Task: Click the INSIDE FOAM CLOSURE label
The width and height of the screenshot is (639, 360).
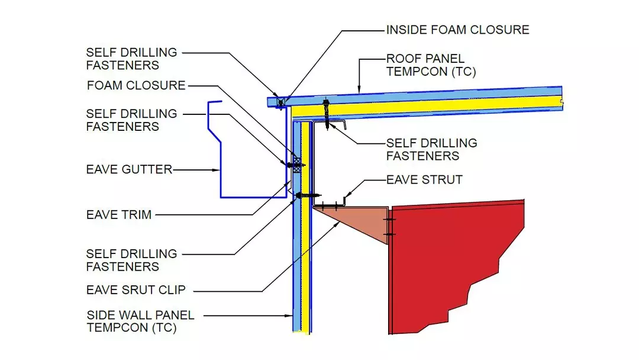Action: [457, 30]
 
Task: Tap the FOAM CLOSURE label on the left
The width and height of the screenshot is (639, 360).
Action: [136, 85]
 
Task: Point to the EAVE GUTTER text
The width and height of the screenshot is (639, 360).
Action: [129, 170]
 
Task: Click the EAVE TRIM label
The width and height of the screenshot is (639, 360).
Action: [119, 214]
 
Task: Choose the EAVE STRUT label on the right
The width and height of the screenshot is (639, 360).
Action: [424, 179]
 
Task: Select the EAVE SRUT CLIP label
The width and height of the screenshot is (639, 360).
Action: [136, 290]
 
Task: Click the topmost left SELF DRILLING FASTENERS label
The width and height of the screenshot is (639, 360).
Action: [131, 59]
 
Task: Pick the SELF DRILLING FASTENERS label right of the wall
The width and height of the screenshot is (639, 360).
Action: [431, 150]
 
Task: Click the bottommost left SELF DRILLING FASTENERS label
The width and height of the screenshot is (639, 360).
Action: [131, 260]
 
